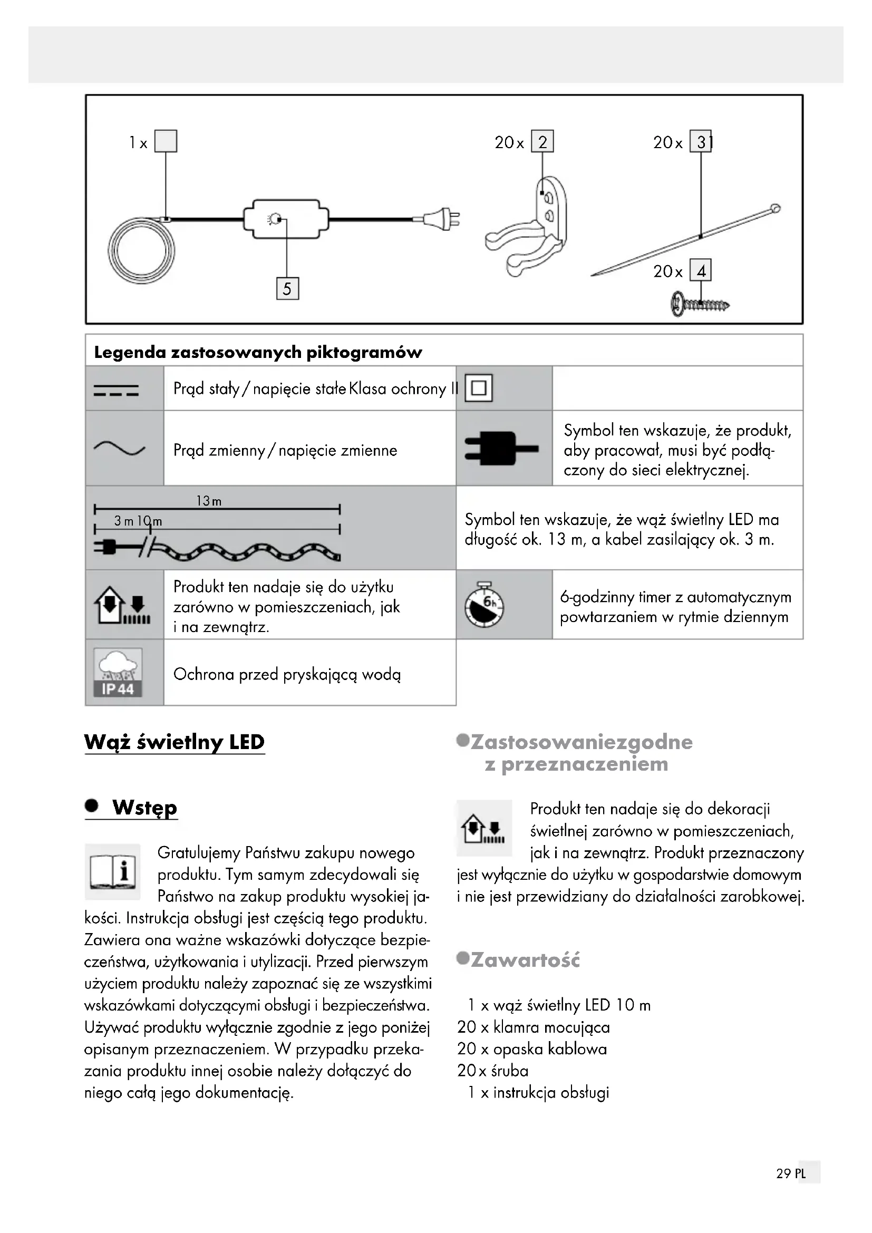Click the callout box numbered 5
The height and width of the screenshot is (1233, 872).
(287, 289)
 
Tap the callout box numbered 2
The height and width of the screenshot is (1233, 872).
(542, 142)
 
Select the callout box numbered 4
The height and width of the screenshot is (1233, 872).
(701, 270)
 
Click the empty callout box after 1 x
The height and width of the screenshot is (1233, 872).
(166, 141)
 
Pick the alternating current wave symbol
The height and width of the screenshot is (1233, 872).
(119, 449)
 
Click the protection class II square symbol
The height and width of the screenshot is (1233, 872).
(478, 388)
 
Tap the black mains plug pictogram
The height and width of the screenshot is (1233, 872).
(500, 449)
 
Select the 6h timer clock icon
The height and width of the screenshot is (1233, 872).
(485, 604)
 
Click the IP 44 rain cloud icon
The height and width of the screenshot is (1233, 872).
(118, 673)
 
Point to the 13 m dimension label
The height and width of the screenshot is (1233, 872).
(209, 501)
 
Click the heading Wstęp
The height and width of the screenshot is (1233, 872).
(144, 807)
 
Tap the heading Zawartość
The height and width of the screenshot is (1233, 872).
(525, 959)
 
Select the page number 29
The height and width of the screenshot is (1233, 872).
(783, 1188)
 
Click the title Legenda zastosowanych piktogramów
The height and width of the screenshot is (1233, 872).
(258, 352)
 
